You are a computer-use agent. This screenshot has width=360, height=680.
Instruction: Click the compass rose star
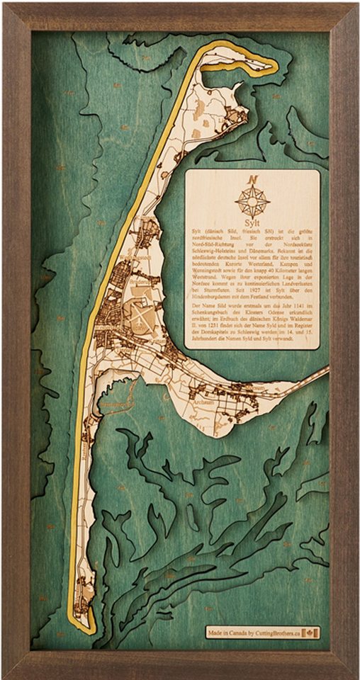coord(252,201)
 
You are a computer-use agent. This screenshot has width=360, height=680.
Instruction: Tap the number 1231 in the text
coord(213,335)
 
